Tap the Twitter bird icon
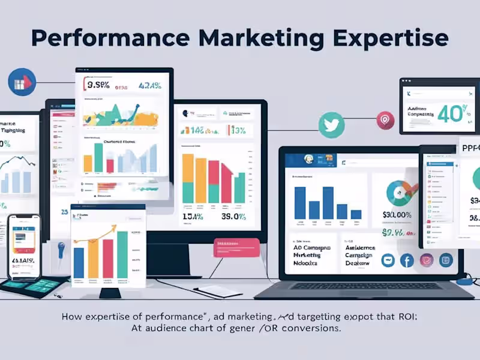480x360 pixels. (x=330, y=124)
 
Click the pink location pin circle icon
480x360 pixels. (x=385, y=121)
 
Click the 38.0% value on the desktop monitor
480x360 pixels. (x=235, y=216)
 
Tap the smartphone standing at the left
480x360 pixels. (x=23, y=246)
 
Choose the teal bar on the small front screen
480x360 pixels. (x=122, y=254)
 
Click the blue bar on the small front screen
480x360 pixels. (x=79, y=266)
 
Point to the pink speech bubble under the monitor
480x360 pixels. (x=236, y=247)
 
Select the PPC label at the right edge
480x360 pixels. (x=469, y=148)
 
